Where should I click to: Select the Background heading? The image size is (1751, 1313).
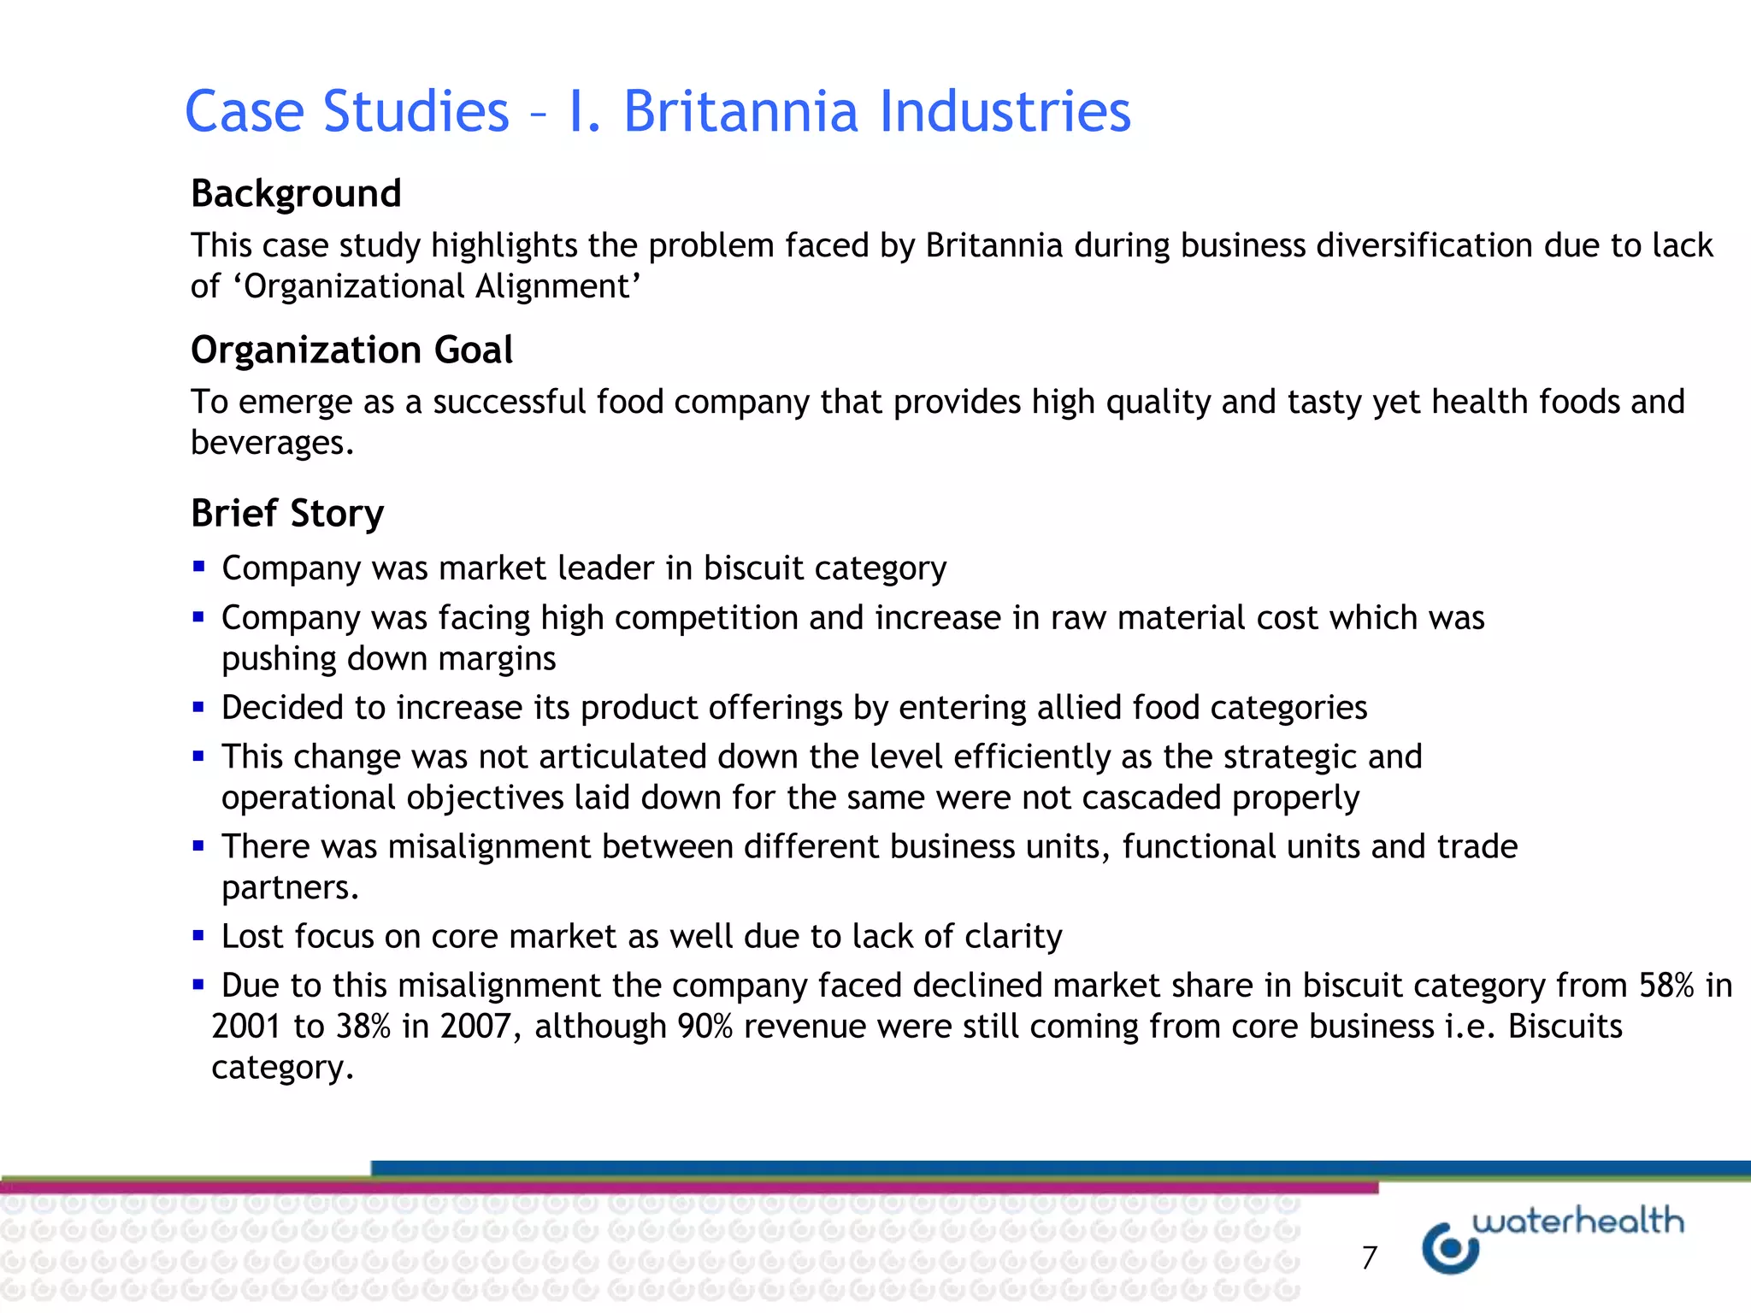coord(296,194)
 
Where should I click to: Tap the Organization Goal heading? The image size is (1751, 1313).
coord(351,350)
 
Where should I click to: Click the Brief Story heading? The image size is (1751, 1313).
coord(287,514)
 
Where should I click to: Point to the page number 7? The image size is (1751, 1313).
coord(1369,1257)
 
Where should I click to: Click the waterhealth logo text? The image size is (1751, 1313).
coord(1578,1222)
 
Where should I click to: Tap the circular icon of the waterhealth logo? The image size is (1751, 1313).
coord(1450,1249)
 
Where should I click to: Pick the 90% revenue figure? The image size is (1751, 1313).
coord(705,1027)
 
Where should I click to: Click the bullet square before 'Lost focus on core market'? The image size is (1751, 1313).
coord(198,936)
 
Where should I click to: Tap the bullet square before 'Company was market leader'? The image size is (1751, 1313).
coord(198,566)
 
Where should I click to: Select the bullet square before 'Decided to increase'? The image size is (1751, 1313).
coord(198,707)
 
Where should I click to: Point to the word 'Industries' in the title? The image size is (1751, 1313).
coord(1005,112)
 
